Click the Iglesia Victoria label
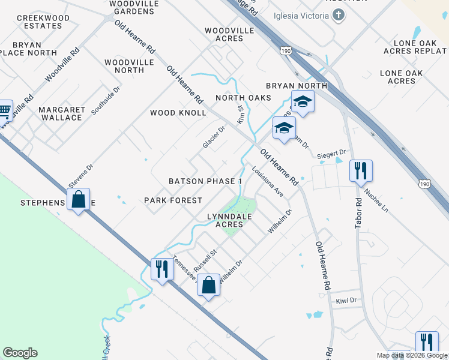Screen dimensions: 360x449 (302, 15)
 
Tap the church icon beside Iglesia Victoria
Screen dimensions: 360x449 (339, 15)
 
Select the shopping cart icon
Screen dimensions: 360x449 (5, 110)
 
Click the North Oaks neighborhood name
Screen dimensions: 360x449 (244, 98)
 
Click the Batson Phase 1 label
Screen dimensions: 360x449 (206, 181)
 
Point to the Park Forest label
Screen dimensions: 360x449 (173, 200)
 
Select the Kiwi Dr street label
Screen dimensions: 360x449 (346, 300)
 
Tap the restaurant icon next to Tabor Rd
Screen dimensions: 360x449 (361, 170)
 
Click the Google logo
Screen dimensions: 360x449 (20, 353)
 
